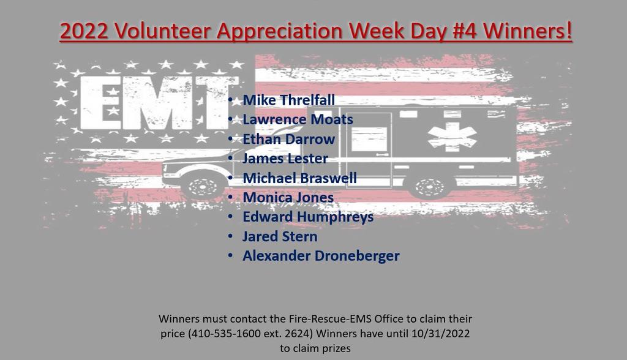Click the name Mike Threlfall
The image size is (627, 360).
pos(289,100)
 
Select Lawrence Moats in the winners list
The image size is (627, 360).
pos(298,119)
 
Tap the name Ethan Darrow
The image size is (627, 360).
pos(289,139)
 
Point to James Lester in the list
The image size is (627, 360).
pos(285,159)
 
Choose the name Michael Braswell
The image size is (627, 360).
pos(299,178)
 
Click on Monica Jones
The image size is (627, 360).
pos(288,197)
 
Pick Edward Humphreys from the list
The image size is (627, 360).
pos(308,217)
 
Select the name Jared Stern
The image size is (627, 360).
pos(280,236)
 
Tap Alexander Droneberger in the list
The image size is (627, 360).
pos(321,256)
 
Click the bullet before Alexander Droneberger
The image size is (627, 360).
pos(230,255)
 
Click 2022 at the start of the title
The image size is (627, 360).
pos(84,31)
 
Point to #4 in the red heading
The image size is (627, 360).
pos(465,31)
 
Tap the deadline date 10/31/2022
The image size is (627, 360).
pos(441,334)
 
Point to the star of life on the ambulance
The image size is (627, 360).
pos(452,137)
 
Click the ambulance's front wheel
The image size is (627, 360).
pos(203,186)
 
